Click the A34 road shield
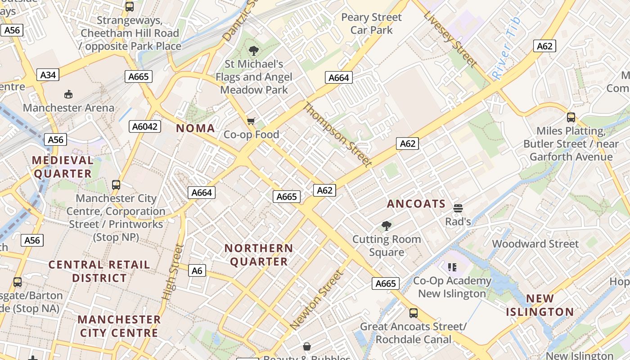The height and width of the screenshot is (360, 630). click(48, 75)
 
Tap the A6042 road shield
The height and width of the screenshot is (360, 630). click(145, 126)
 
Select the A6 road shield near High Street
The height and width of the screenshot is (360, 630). click(197, 270)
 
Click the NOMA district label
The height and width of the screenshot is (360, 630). click(195, 128)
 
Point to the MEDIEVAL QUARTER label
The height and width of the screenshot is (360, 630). click(63, 167)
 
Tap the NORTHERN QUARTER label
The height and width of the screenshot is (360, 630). click(259, 255)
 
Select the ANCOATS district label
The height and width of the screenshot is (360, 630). click(416, 204)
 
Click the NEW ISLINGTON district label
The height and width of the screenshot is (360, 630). click(540, 305)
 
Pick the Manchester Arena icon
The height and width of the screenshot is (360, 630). click(68, 94)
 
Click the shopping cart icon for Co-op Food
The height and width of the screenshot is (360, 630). click(251, 121)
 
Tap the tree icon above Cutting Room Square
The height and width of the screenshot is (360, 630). click(386, 226)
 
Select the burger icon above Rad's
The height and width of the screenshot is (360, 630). click(458, 208)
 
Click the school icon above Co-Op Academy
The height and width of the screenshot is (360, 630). click(452, 267)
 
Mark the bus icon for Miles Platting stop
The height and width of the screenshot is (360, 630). click(571, 117)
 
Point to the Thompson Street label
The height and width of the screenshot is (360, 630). click(337, 135)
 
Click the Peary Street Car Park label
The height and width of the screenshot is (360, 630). click(371, 24)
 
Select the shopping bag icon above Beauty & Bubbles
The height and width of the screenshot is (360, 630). click(307, 346)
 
